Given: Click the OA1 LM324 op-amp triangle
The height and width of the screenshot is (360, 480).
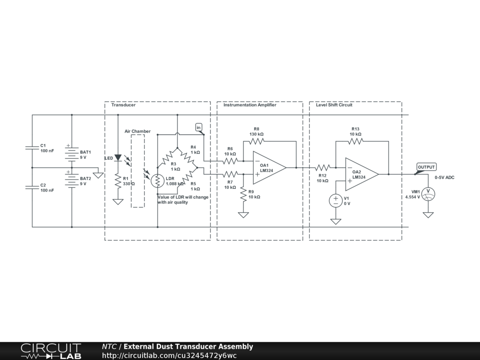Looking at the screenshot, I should (269, 167).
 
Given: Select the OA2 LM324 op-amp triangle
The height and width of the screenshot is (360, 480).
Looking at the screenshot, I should (361, 174).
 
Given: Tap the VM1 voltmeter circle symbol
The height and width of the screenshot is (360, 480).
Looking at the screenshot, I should (427, 193).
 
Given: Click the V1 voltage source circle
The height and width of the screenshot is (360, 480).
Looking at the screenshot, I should (336, 201).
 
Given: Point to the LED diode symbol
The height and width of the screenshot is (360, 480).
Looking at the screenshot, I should (118, 158).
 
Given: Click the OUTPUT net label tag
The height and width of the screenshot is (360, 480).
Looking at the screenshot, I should (427, 167).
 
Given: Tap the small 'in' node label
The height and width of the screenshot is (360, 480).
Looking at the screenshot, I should (199, 127).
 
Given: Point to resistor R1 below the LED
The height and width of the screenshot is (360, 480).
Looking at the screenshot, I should (118, 181).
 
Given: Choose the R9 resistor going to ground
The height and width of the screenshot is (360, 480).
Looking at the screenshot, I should (243, 194).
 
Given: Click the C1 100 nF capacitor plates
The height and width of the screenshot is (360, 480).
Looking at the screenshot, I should (32, 148).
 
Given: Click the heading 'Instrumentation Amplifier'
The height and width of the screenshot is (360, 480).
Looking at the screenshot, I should (250, 105).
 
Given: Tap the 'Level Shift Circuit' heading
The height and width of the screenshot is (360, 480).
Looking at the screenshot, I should (334, 105).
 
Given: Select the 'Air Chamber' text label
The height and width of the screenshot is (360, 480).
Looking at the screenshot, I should (137, 131).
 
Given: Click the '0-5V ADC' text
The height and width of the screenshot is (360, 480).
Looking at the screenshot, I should (444, 178).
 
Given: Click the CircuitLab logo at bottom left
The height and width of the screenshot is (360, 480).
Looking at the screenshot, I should (51, 351).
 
